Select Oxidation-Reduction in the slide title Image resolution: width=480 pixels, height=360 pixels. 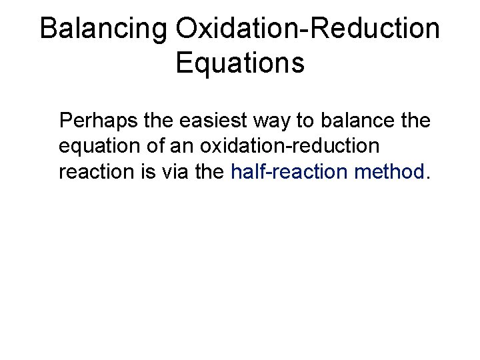(x=308, y=30)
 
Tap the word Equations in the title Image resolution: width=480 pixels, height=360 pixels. (x=240, y=64)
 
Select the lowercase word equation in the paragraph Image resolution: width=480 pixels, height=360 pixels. (x=100, y=147)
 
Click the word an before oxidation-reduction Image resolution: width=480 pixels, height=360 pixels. (x=190, y=147)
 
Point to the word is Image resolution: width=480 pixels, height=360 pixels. (x=146, y=173)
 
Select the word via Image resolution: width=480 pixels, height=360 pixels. (x=175, y=173)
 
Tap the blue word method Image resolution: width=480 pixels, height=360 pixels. (x=391, y=173)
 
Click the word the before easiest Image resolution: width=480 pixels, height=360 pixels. (x=164, y=122)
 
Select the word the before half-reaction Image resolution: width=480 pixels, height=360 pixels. (x=211, y=173)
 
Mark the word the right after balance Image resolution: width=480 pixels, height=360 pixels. (x=416, y=122)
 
